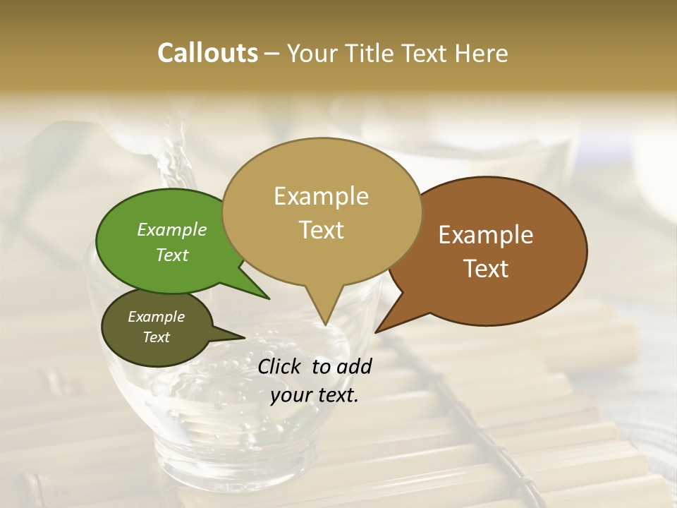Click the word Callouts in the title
[207, 53]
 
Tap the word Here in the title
[482, 53]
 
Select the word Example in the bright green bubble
[172, 229]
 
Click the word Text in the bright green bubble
[172, 255]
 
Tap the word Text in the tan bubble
[321, 229]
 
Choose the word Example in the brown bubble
[486, 235]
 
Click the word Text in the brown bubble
[486, 268]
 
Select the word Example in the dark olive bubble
[156, 317]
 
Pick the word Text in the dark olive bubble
[156, 337]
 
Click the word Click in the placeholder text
[281, 366]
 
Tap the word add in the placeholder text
[355, 366]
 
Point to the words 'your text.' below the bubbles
[315, 395]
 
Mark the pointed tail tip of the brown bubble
[376, 332]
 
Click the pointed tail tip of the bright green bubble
[269, 298]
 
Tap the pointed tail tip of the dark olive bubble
[244, 338]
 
